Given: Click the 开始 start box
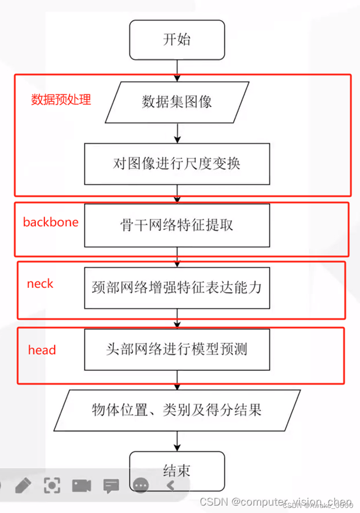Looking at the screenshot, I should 177,40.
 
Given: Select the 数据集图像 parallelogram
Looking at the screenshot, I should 177,102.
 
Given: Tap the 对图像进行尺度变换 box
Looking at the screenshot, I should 177,164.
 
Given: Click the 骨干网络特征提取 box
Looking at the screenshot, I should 177,225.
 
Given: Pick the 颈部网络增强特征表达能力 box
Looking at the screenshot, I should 177,287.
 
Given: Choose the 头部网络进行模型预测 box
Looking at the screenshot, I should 177,349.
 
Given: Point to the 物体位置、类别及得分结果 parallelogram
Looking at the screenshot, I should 177,410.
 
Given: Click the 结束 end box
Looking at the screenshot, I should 177,471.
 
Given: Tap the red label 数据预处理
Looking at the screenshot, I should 61,100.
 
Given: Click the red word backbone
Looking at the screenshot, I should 51,222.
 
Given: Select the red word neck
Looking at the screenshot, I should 40,284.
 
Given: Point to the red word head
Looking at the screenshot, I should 42,350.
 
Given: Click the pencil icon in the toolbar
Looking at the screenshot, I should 23,485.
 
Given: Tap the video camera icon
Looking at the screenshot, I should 82,485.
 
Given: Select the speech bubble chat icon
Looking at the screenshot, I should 111,485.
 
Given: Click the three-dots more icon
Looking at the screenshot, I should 141,485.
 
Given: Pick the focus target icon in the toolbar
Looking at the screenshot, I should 52,485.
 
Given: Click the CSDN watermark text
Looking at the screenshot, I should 276,502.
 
